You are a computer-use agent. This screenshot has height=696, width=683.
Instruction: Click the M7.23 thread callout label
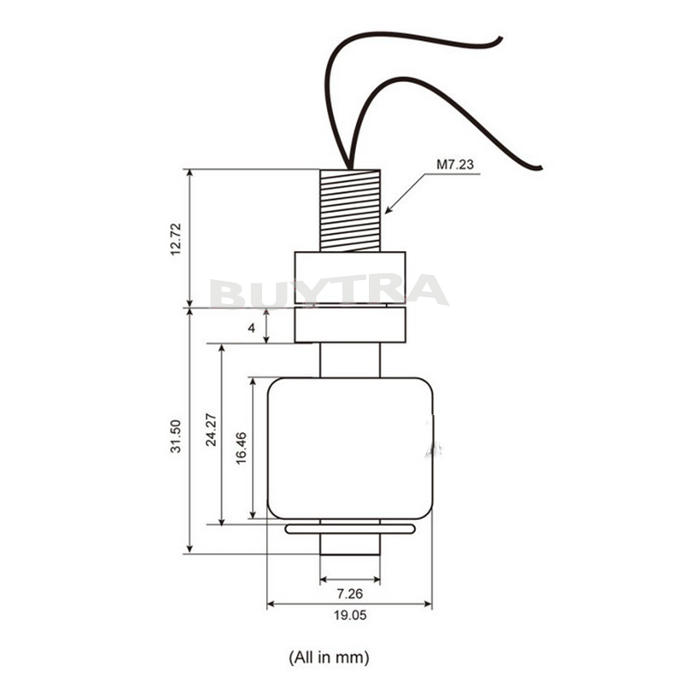click(455, 165)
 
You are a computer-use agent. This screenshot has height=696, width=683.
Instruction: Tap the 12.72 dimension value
click(176, 239)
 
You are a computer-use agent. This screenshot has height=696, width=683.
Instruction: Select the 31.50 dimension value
click(176, 436)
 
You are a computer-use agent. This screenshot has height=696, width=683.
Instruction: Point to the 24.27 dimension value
click(211, 430)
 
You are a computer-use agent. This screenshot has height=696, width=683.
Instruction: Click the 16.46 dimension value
click(241, 447)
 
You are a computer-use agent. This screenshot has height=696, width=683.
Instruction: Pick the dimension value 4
click(252, 328)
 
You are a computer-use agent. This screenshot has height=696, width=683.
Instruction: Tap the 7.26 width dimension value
click(350, 593)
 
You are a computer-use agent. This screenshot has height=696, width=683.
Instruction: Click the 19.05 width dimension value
click(350, 615)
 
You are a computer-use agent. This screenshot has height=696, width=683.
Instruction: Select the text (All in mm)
click(329, 657)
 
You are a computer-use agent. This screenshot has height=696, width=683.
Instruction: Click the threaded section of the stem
click(350, 210)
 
